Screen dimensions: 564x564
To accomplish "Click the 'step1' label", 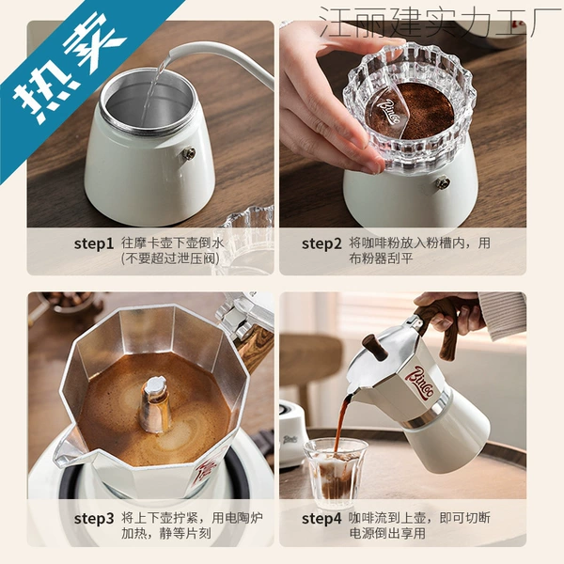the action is [x=93, y=243].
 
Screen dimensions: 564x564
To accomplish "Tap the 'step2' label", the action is [x=321, y=243].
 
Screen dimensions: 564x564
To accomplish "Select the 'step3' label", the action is [x=93, y=519].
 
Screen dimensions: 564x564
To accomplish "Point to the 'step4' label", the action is [x=321, y=519].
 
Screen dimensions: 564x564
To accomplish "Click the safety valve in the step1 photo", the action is [x=189, y=154].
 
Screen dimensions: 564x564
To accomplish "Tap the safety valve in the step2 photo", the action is [x=443, y=182].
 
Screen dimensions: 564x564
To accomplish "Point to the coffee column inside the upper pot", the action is [x=155, y=403].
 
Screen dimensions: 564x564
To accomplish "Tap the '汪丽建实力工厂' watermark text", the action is [x=441, y=22].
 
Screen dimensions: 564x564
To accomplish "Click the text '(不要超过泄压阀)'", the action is [x=170, y=258].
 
